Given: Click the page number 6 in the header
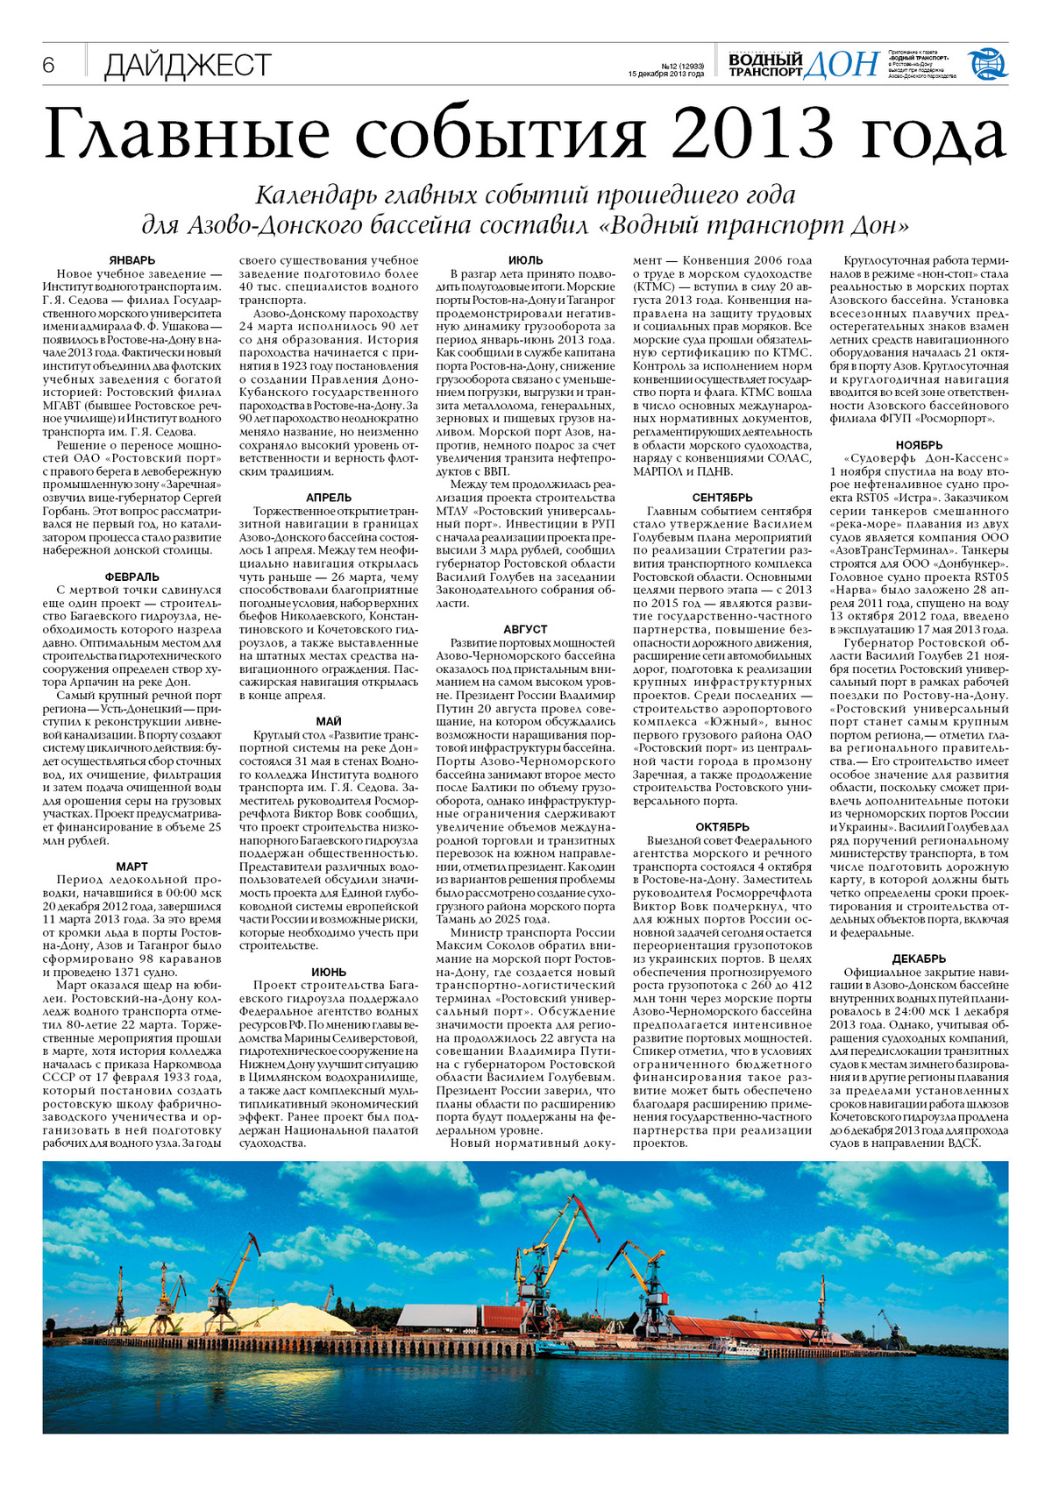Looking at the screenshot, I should tap(48, 66).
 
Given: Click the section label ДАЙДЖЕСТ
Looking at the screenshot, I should tap(188, 66).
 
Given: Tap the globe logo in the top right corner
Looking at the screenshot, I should tap(987, 64).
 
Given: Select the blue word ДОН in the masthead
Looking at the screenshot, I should tap(842, 63).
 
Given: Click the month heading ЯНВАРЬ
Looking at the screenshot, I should tap(132, 260).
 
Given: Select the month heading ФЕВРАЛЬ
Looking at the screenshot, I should tap(132, 577).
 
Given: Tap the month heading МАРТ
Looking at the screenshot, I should tap(132, 866).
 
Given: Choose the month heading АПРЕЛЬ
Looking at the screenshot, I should tap(329, 498).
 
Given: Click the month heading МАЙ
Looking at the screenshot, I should tap(329, 721).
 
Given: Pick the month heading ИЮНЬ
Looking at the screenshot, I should tap(329, 972).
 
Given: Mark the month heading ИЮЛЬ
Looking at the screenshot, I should tap(526, 260).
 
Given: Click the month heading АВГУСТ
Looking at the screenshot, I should tap(526, 629).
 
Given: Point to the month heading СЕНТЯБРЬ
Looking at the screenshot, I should tap(722, 498).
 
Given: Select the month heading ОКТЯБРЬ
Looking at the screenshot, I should tap(722, 826).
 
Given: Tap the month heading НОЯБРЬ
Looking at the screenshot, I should tap(919, 444).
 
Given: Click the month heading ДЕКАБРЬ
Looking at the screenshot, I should tap(919, 959).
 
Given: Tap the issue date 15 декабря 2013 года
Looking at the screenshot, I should tap(666, 74).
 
